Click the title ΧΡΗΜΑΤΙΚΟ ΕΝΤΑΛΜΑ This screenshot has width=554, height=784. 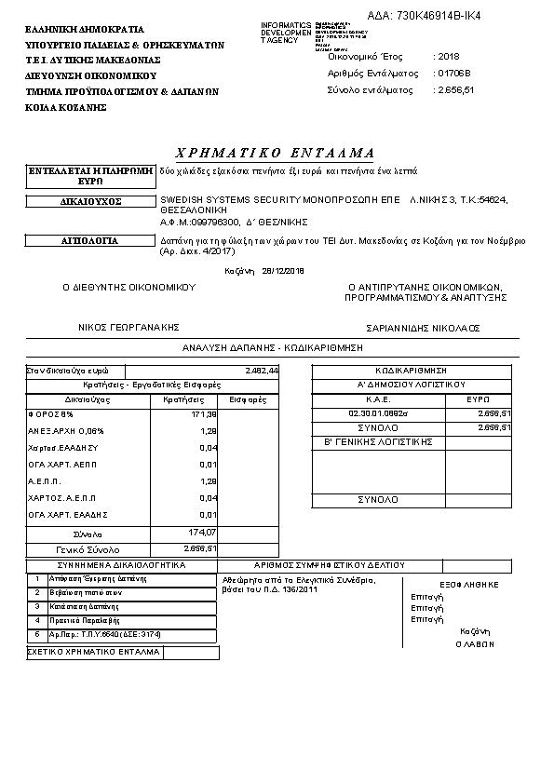click(x=275, y=152)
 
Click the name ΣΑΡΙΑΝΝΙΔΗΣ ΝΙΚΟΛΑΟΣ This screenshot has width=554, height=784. click(x=422, y=328)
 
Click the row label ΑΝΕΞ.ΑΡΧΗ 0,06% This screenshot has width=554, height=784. click(x=66, y=431)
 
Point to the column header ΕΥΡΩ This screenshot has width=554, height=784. click(x=478, y=399)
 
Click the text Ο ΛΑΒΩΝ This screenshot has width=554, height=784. click(x=478, y=643)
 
